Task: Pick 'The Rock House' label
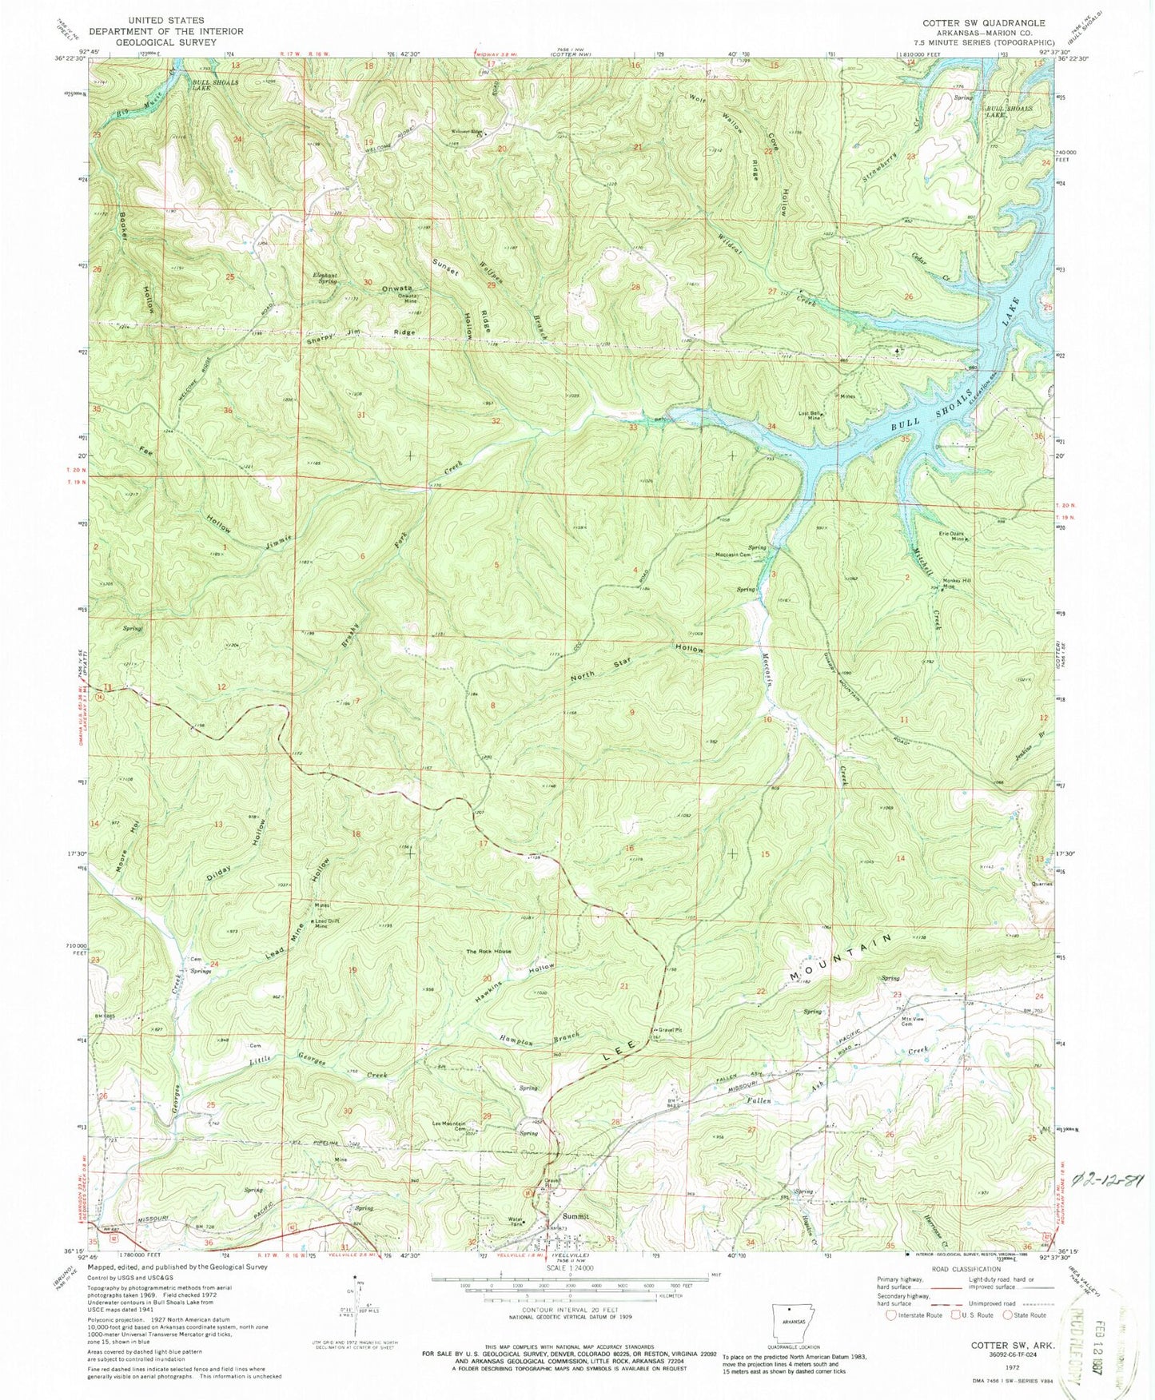click(x=488, y=952)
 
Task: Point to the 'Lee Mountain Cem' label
click(x=448, y=1125)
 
